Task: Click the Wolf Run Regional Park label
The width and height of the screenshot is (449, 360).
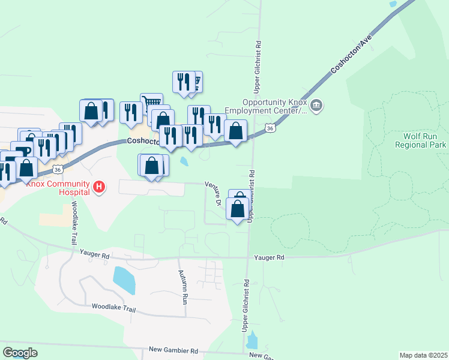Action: tap(421, 140)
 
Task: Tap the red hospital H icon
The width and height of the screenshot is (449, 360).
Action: tap(100, 188)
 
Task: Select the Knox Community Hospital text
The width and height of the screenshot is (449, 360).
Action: tap(57, 184)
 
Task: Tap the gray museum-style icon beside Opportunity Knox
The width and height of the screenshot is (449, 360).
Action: tap(318, 107)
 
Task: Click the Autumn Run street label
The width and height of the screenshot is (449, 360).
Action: tap(183, 286)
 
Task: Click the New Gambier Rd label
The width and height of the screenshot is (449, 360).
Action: tap(173, 350)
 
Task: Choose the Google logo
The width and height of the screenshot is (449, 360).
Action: tap(20, 353)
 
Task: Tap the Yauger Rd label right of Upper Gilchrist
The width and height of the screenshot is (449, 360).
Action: tap(268, 257)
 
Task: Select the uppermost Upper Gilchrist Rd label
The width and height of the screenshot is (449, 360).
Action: tap(258, 67)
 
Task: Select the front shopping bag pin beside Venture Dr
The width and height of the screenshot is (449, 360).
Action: tap(238, 209)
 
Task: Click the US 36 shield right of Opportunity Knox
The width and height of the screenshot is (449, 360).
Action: tap(270, 128)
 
